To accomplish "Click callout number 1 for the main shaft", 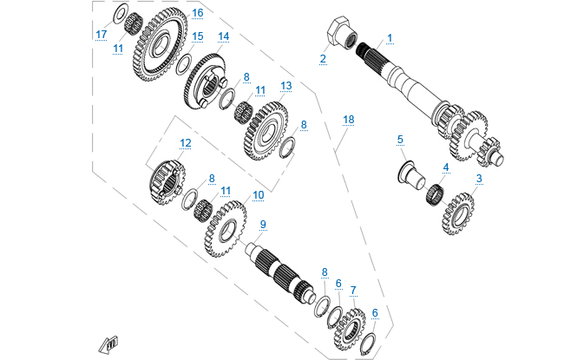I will click(390, 38).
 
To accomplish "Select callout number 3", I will click(478, 179).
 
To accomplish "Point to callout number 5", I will click(400, 139).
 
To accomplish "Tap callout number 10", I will click(258, 196).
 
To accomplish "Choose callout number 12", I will click(185, 142).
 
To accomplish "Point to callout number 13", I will click(285, 86).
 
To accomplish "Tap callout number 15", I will click(198, 36).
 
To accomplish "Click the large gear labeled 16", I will click(198, 13).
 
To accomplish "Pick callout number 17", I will click(102, 34).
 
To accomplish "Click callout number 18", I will click(349, 118).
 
